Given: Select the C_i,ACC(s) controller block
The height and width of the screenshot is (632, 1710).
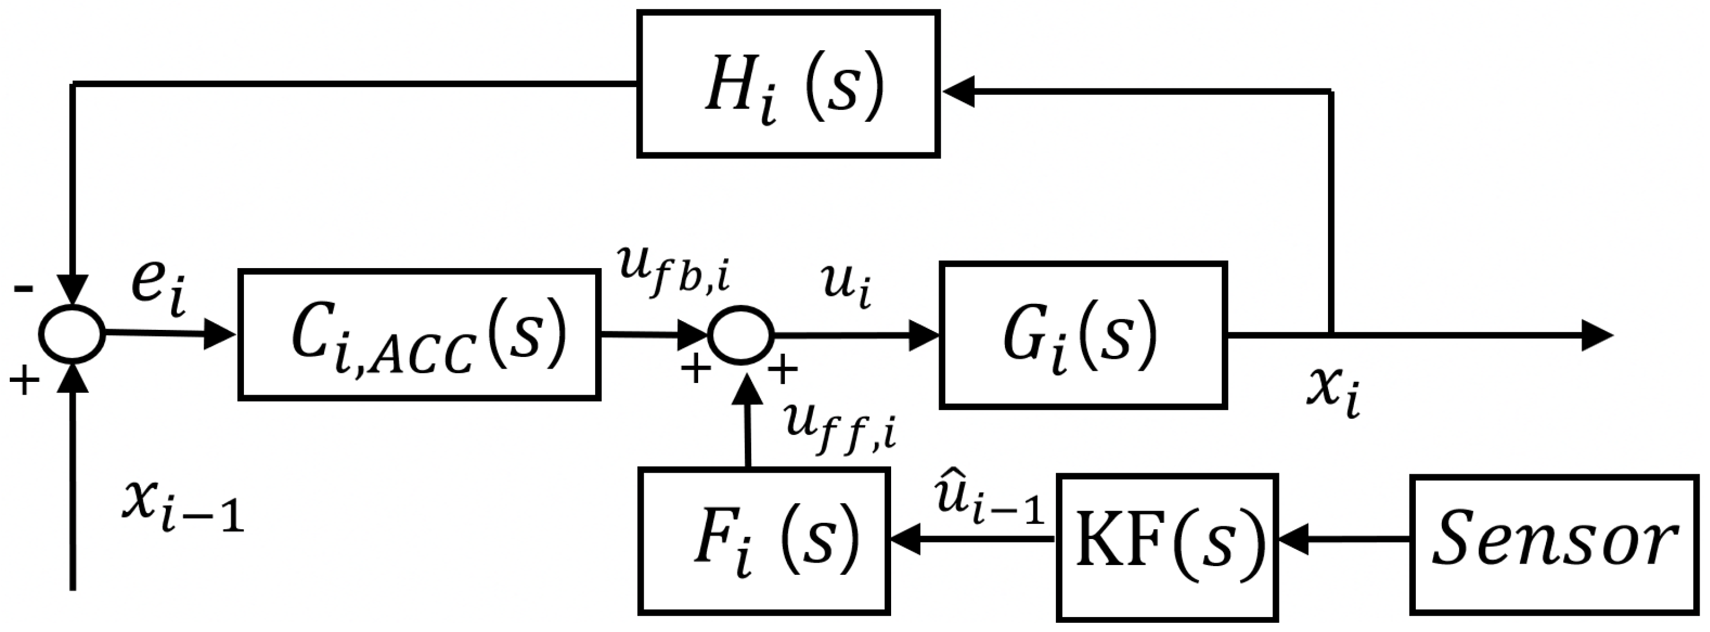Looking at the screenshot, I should coord(420,334).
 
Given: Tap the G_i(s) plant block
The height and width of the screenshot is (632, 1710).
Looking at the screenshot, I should coord(1082,334).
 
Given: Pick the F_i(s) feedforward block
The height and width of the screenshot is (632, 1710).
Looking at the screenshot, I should coord(763,540).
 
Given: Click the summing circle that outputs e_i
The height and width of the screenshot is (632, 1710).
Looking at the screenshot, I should coord(72,334).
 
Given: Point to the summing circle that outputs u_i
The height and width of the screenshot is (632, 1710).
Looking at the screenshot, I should coord(740,334).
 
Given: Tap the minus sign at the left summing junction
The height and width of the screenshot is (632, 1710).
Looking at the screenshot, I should coord(24,288).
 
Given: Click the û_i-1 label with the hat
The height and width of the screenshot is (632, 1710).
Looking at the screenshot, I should coord(989,503).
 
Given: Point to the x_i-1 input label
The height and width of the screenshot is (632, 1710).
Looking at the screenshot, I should coord(183,507).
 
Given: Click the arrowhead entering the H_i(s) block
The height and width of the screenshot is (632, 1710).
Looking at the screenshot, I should coord(957,92).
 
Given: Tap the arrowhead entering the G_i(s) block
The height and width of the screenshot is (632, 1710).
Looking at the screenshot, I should coord(924,336).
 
